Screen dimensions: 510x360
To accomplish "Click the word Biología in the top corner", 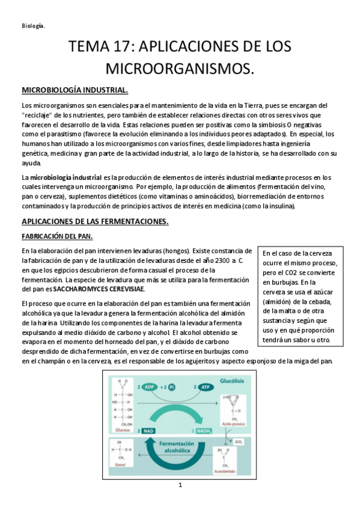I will (x=33, y=25).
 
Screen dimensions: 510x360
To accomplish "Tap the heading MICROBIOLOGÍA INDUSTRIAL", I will (x=75, y=90).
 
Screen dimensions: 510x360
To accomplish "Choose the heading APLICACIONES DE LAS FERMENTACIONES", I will (x=95, y=222).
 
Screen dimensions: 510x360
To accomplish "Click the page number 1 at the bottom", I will (x=180, y=502).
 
